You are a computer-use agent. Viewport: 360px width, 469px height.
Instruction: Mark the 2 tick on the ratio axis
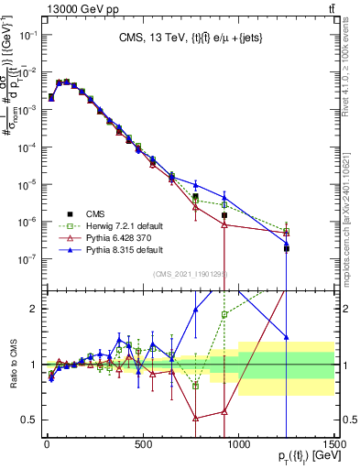click(x=33, y=309)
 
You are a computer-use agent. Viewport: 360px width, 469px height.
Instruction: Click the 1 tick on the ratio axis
click(x=33, y=365)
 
